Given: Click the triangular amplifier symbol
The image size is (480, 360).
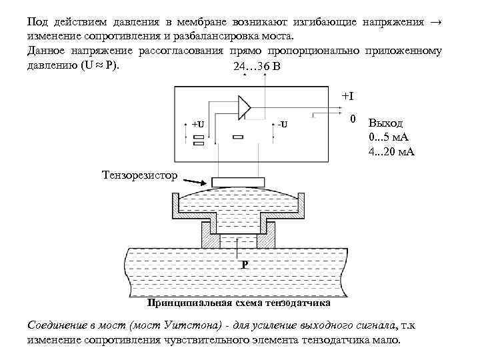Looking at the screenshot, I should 243,107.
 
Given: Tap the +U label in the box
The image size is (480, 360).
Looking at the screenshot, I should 198,125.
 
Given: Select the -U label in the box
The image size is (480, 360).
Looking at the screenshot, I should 282,125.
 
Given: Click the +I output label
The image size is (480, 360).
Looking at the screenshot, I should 347,96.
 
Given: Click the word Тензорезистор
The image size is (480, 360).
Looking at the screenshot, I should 141,175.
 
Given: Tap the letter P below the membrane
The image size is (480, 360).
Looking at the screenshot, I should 245,265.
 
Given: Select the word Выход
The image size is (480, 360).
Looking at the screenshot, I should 390,124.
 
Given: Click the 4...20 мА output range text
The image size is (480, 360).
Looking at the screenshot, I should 391,151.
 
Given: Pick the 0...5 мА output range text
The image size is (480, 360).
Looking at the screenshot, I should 389,138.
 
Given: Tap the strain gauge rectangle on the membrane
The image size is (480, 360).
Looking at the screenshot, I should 239,182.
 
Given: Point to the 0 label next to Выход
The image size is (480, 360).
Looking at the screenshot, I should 354,119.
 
